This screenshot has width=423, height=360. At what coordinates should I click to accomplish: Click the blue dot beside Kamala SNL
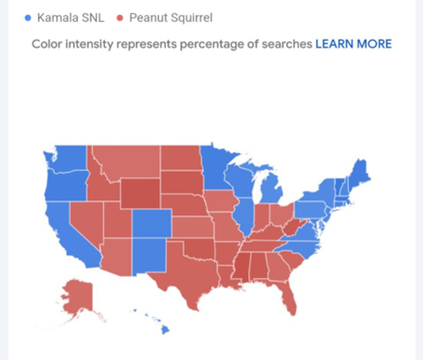29,17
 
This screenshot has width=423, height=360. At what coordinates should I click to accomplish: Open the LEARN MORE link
353,43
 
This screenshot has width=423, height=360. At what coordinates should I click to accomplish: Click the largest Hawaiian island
164,330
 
